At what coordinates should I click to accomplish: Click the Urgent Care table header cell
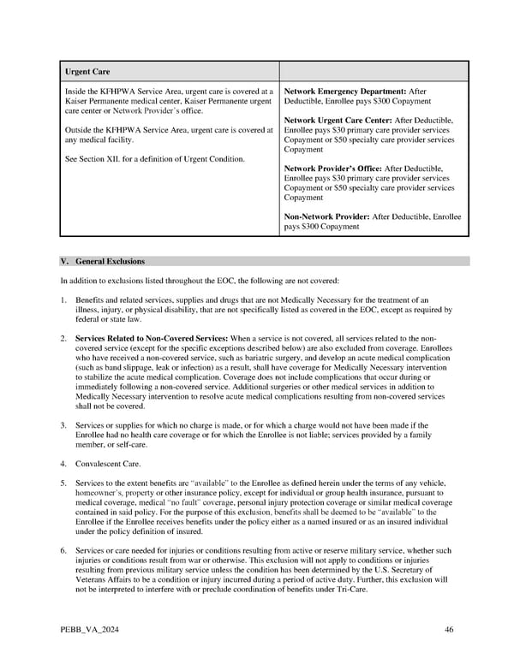88,71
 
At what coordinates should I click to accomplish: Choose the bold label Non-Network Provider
326,217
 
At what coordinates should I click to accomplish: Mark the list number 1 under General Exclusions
63,300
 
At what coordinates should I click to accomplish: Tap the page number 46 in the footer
449,630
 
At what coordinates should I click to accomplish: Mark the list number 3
63,425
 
